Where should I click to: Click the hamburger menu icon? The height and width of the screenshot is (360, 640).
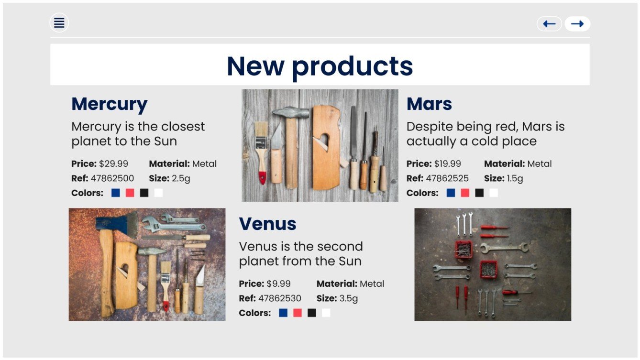[59, 22]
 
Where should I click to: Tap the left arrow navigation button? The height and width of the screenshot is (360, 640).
[549, 24]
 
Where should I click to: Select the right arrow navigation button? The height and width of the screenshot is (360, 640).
[577, 24]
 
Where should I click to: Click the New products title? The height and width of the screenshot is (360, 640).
[320, 65]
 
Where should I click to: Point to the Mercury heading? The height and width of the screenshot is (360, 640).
[110, 104]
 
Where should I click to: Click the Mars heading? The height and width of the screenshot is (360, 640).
[429, 104]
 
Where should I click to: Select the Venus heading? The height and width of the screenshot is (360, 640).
[267, 224]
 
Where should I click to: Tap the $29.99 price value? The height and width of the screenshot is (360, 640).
[113, 164]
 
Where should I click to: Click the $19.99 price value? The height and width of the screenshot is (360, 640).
[448, 164]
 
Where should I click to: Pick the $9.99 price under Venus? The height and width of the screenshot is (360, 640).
[278, 284]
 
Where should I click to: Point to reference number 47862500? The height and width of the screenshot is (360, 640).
[112, 179]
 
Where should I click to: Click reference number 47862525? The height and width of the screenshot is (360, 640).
[447, 179]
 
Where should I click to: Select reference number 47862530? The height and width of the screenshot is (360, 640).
[280, 299]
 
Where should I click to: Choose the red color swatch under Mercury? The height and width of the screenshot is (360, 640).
[130, 193]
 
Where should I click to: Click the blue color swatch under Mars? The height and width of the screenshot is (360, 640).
[451, 193]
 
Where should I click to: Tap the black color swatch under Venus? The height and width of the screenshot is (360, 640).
[312, 313]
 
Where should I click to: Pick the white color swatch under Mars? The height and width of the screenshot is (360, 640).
[494, 193]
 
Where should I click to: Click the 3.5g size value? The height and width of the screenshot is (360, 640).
[349, 299]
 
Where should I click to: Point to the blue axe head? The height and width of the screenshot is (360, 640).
[115, 224]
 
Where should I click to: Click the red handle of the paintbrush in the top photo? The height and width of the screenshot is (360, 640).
[262, 177]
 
